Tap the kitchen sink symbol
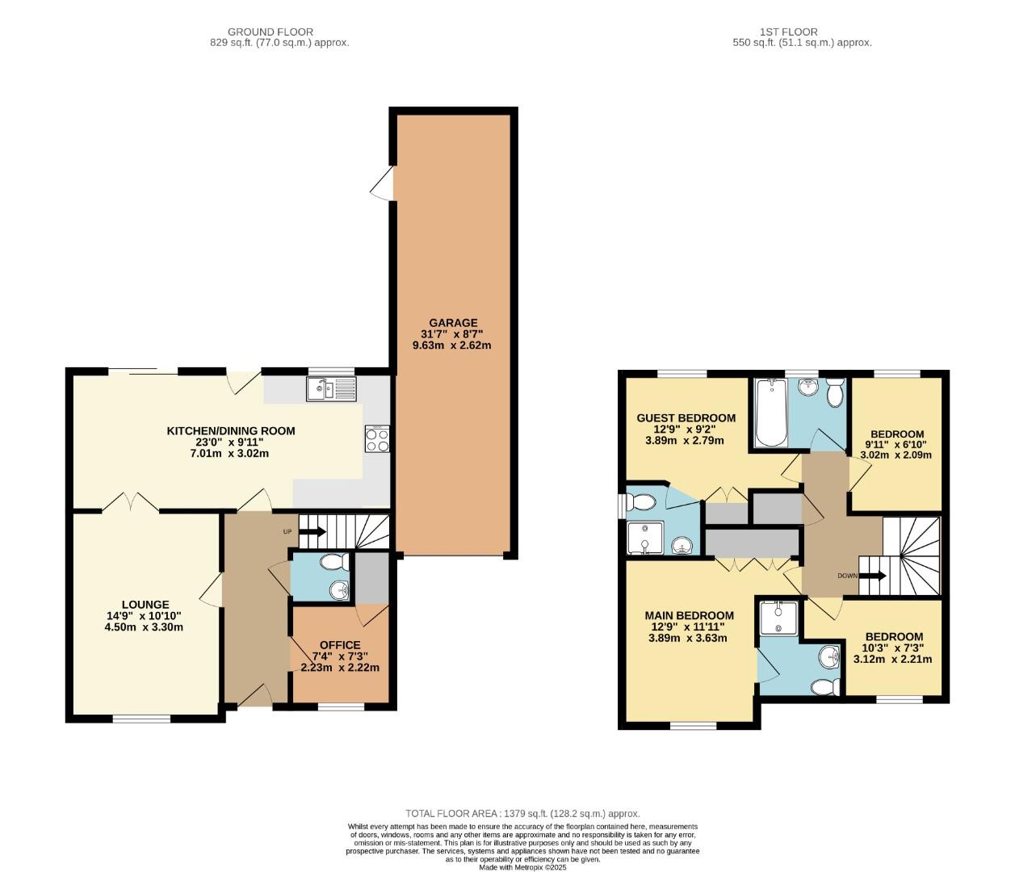click(x=331, y=390)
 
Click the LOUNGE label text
click(x=145, y=604)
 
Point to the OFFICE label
click(x=340, y=644)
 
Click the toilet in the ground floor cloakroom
click(x=332, y=562)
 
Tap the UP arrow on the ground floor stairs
click(x=312, y=531)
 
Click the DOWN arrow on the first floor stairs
click(x=872, y=576)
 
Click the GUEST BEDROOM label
click(x=686, y=417)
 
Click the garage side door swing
click(x=382, y=183)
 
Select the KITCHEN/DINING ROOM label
click(x=230, y=430)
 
